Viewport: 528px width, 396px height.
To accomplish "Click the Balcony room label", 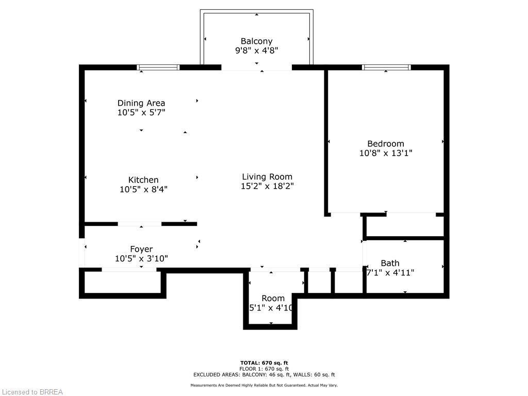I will (256, 41).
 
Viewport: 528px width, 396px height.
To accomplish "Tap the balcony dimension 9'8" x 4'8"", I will (256, 51).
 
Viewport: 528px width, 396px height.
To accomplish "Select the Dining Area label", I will (141, 103).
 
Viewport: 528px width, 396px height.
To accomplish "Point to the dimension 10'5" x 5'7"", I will (141, 112).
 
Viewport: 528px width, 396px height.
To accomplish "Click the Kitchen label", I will (143, 180).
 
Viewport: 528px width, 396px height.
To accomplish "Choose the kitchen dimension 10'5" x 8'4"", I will (143, 189).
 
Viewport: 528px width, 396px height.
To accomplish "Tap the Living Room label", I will (267, 177).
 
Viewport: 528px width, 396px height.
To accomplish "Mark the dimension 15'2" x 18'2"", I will (267, 186).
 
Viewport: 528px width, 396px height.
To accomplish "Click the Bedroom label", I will (386, 144).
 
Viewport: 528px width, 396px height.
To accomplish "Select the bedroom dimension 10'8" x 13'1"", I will (386, 153).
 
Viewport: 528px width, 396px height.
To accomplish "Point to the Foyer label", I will (141, 250).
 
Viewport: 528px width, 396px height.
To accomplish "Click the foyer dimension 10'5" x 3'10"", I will (141, 259).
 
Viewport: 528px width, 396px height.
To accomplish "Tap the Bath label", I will (390, 263).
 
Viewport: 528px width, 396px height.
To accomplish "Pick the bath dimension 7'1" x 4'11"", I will (390, 273).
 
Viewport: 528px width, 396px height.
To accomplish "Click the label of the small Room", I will (273, 299).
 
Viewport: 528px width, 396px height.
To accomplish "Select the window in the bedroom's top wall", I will (386, 67).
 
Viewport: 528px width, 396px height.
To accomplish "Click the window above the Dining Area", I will (158, 67).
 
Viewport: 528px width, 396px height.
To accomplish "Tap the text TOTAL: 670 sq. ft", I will (264, 362).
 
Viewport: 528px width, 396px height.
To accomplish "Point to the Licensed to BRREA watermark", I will (32, 392).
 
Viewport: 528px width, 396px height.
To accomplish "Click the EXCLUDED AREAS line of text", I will (264, 375).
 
